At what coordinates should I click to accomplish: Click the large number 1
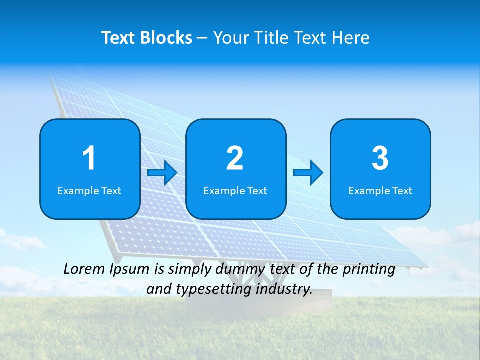[x=89, y=158]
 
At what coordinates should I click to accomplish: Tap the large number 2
[x=235, y=158]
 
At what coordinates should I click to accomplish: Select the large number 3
[x=380, y=158]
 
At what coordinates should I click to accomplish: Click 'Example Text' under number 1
[x=89, y=190]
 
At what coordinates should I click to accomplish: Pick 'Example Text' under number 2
[x=235, y=190]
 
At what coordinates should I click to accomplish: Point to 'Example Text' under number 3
[x=380, y=190]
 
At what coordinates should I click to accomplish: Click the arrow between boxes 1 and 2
[x=162, y=173]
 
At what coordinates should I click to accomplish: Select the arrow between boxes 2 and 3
[x=308, y=173]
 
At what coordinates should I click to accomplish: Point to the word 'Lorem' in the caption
[x=84, y=269]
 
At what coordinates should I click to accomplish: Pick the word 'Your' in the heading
[x=230, y=38]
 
